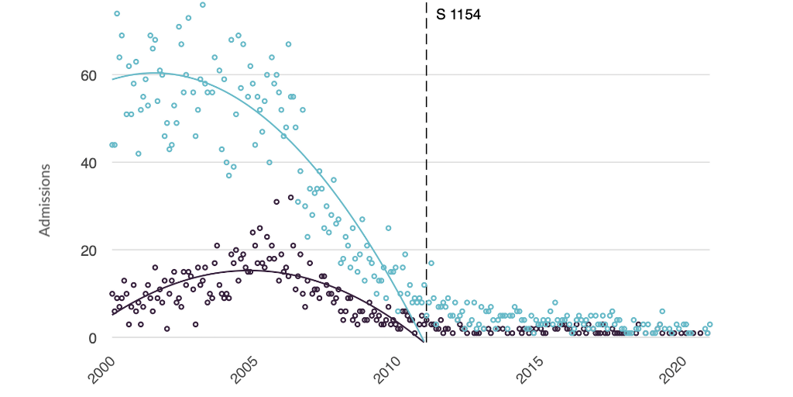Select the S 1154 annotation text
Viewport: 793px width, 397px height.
click(458, 14)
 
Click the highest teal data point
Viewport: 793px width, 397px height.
click(203, 5)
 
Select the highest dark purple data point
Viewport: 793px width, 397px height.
click(290, 198)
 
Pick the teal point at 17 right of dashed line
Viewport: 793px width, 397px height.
click(431, 263)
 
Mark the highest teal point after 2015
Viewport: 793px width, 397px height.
click(555, 302)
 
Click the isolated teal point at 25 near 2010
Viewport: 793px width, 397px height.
click(388, 228)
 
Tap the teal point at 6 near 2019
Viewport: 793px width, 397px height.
click(662, 311)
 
